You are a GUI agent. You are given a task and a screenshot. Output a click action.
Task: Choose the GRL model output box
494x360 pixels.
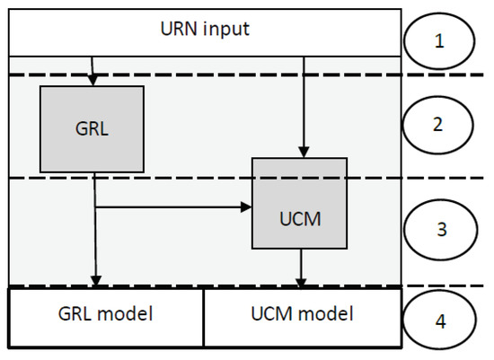pos(107,315)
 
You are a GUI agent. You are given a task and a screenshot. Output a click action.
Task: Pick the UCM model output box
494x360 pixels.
pos(302,315)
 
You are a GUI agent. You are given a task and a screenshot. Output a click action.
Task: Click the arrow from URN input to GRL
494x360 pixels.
pos(93,72)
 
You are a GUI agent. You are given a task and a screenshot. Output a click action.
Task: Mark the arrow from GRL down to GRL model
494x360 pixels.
pos(95,242)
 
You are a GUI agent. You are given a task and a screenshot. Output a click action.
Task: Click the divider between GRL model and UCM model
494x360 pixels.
pos(204,317)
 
